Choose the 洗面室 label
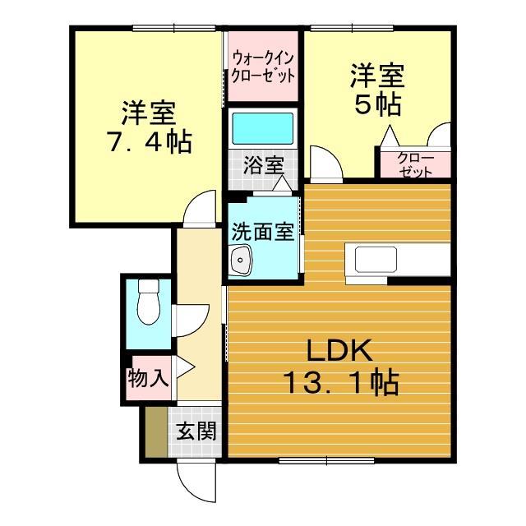pyautogui.click(x=261, y=232)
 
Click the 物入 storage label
pyautogui.click(x=148, y=379)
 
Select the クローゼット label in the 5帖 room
pyautogui.click(x=414, y=164)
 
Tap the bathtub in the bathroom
pyautogui.click(x=262, y=128)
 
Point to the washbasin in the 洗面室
pyautogui.click(x=242, y=263)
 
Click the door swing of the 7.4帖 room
pyautogui.click(x=201, y=210)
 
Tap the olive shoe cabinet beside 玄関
pyautogui.click(x=154, y=431)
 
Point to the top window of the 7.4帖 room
pyautogui.click(x=176, y=29)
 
